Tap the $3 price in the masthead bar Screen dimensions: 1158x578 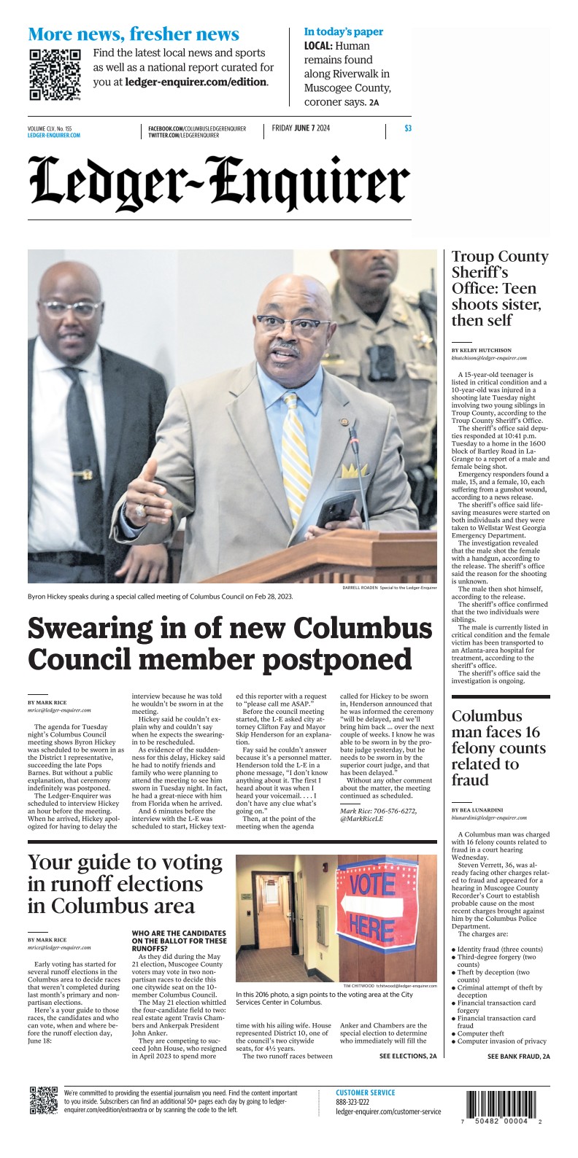[x=407, y=129]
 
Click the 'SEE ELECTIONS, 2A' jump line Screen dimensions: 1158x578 [x=407, y=1056]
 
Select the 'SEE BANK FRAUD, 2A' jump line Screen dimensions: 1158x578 [x=518, y=1056]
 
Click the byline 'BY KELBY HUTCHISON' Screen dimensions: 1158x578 [x=481, y=350]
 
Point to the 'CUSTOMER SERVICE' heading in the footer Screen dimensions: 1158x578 [x=365, y=1092]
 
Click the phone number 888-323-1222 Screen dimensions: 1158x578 [x=352, y=1102]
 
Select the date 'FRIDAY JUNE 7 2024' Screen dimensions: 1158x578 [x=301, y=128]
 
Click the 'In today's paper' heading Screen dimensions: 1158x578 [x=343, y=32]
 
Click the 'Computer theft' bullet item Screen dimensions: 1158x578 [x=484, y=1033]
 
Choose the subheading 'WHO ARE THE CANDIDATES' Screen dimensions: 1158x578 [x=178, y=933]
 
